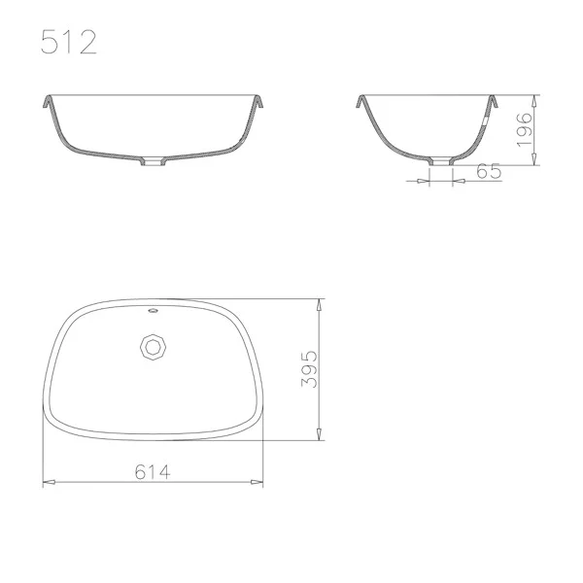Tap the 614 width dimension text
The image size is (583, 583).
pos(154,471)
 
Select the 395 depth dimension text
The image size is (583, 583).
pos(309,369)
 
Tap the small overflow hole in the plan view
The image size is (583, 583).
pos(153,312)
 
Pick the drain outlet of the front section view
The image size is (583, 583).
pos(154,163)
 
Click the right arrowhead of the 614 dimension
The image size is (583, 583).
pos(259,481)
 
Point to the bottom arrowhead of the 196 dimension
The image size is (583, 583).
pos(534,163)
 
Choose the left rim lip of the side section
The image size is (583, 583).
pos(360,99)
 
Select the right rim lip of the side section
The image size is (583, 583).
pos(493,99)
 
